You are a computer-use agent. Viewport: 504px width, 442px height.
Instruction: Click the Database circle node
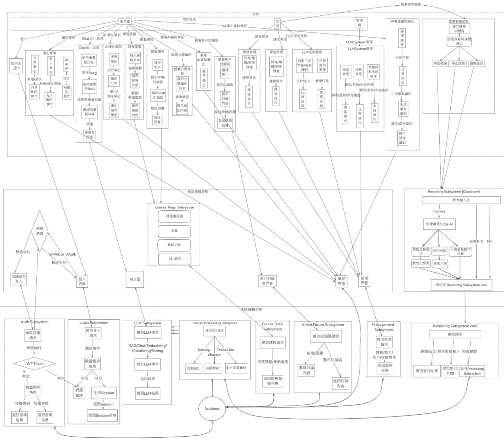click(212, 408)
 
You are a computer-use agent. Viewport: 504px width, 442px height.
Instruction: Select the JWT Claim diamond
click(34, 364)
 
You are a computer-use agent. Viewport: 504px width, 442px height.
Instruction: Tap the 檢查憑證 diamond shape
click(39, 231)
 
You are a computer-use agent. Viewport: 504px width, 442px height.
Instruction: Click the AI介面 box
click(135, 279)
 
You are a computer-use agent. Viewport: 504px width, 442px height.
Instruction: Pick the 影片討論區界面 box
click(267, 281)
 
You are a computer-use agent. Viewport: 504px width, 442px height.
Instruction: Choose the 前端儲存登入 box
click(19, 279)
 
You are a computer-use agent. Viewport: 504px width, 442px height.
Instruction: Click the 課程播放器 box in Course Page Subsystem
click(174, 216)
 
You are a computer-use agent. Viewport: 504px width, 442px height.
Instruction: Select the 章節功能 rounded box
click(174, 245)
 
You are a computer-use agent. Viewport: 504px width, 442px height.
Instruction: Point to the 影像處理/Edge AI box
click(439, 224)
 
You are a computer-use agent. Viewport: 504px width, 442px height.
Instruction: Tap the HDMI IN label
click(476, 241)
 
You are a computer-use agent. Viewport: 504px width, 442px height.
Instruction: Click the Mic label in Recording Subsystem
click(489, 241)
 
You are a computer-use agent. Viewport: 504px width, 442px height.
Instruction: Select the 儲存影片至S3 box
click(450, 371)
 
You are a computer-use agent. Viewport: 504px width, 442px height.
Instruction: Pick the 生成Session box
click(104, 393)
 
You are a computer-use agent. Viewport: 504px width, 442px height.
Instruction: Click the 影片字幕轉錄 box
click(236, 368)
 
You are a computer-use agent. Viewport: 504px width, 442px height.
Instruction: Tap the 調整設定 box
click(477, 63)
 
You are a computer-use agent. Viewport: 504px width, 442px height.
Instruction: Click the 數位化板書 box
click(421, 263)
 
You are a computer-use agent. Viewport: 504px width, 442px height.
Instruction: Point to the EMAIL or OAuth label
click(62, 254)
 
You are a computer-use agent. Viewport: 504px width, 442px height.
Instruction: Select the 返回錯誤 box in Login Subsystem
click(79, 393)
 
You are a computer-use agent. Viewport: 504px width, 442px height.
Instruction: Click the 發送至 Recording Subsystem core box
click(461, 285)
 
